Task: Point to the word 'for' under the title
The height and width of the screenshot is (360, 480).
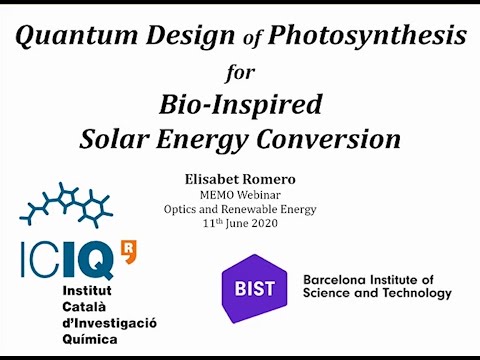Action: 241,73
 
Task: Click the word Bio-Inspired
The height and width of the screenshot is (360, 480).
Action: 241,103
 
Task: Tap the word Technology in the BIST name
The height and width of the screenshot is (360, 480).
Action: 409,293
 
